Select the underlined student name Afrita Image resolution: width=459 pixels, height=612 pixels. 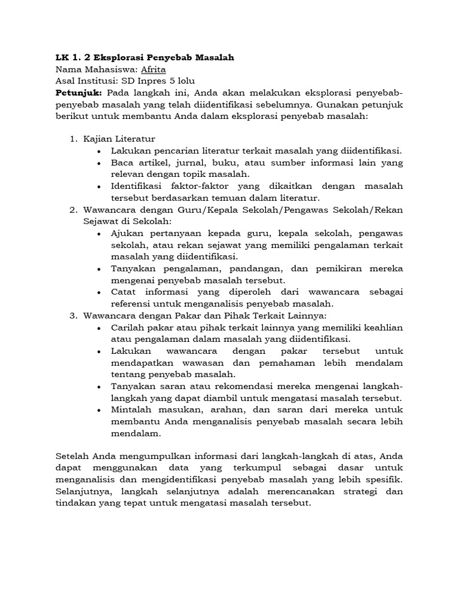tap(153, 69)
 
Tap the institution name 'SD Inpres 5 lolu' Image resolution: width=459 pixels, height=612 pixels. tap(158, 81)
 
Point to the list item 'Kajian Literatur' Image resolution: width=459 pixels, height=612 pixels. tap(119, 139)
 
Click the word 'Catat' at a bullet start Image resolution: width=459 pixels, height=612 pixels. tap(123, 292)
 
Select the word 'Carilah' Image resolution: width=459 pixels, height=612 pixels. tap(127, 327)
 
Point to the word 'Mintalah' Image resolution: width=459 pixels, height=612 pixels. tap(132, 409)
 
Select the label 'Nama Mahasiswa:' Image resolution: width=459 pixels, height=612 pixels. tap(96, 69)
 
